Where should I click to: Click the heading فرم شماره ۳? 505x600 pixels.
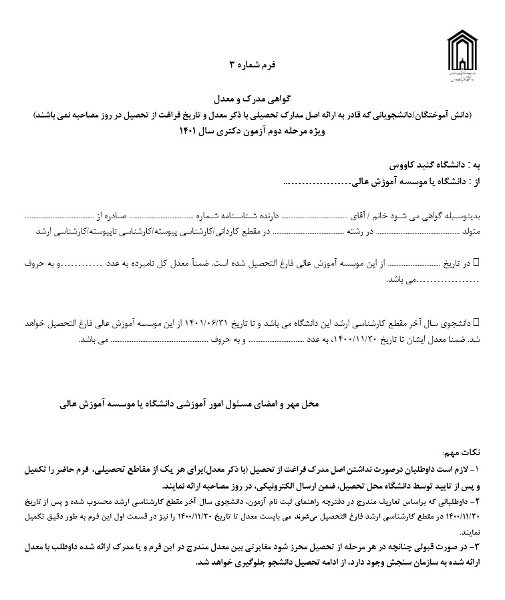click(252, 65)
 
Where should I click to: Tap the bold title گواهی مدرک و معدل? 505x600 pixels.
click(252, 99)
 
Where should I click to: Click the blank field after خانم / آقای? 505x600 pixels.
click(315, 218)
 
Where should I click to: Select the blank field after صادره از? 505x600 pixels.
click(56, 218)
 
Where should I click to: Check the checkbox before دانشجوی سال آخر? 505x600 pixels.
click(476, 322)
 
